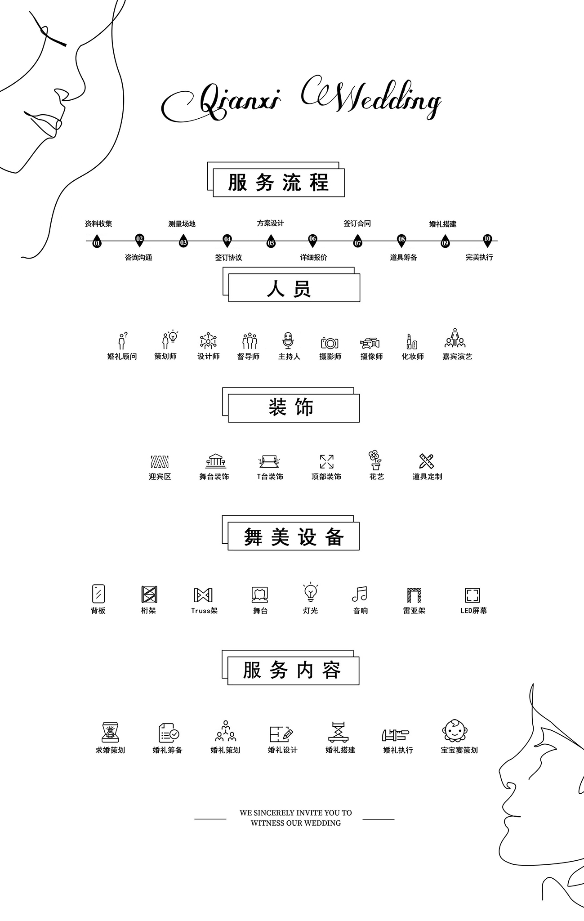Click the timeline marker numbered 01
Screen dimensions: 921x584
coord(97,242)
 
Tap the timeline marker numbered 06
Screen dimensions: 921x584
coord(312,240)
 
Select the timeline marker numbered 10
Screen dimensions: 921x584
coord(487,240)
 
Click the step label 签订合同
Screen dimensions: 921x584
coord(357,224)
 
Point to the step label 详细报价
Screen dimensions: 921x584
coord(313,257)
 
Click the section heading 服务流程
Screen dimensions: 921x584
coord(278,183)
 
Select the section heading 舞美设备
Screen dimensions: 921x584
coord(294,537)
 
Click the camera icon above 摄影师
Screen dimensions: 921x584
coord(330,343)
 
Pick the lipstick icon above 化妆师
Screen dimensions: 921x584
coord(411,342)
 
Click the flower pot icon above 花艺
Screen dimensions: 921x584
coord(375,460)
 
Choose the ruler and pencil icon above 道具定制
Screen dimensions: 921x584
coord(426,461)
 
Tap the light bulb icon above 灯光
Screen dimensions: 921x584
coord(311,593)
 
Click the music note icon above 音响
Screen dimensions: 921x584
coord(360,594)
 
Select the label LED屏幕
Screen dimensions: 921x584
coord(473,611)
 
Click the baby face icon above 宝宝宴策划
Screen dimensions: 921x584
coord(455,731)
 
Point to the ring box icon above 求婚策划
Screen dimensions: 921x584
coord(110,732)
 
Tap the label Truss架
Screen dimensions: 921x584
coord(204,611)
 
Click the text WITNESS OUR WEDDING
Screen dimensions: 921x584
coord(295,823)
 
